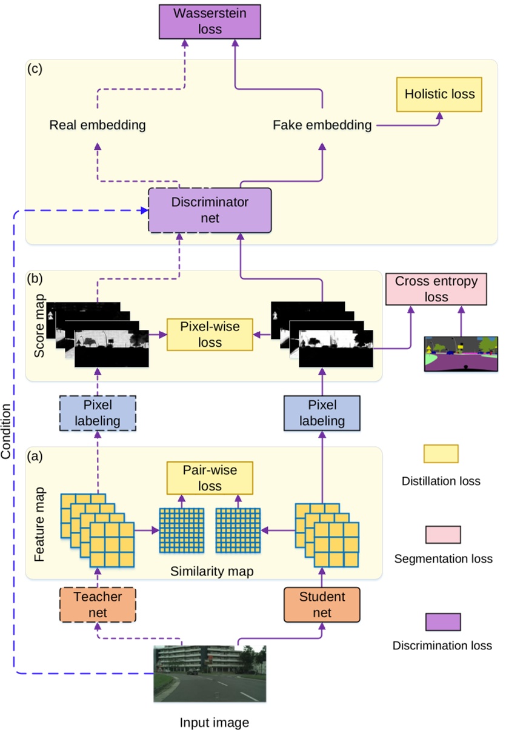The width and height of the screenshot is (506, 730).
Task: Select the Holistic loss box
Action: click(439, 95)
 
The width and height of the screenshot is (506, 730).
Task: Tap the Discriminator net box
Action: click(210, 210)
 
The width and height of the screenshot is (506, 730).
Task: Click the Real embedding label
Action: click(98, 126)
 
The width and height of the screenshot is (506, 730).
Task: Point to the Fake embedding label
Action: click(322, 126)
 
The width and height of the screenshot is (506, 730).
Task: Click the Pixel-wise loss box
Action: click(210, 334)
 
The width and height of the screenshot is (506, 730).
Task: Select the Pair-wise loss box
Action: click(210, 478)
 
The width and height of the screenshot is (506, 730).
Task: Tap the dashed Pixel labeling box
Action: click(98, 413)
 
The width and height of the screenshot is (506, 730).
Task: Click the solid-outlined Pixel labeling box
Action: click(322, 413)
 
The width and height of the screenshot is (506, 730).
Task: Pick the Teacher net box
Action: click(98, 604)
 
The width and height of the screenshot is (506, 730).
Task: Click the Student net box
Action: click(322, 604)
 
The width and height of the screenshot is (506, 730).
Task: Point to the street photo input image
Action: click(210, 674)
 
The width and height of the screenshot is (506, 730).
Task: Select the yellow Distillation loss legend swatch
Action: click(441, 454)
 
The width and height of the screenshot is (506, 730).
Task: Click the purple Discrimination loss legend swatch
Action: click(441, 621)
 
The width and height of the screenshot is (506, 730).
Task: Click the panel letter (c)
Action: click(36, 68)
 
